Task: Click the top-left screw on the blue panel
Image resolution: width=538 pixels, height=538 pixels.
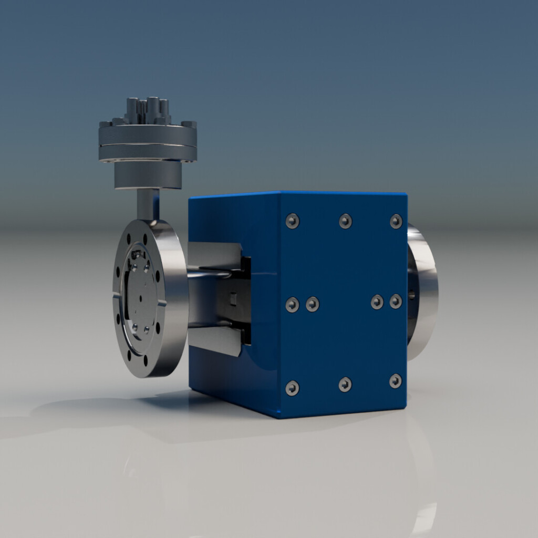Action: pyautogui.click(x=292, y=221)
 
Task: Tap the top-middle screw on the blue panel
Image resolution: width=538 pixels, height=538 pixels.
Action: pyautogui.click(x=345, y=221)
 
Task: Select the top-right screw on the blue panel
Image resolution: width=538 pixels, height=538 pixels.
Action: pyautogui.click(x=396, y=221)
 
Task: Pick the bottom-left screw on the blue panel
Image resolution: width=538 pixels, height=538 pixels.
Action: pyautogui.click(x=292, y=388)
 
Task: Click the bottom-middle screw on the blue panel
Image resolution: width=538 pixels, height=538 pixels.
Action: pyautogui.click(x=345, y=385)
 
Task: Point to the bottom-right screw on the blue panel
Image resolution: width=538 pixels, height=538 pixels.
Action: pyautogui.click(x=396, y=381)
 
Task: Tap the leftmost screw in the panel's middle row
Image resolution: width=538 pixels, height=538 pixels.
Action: pyautogui.click(x=292, y=305)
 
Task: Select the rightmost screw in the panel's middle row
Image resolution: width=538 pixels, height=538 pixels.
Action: pyautogui.click(x=396, y=301)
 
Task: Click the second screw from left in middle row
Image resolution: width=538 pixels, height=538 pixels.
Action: pyautogui.click(x=313, y=304)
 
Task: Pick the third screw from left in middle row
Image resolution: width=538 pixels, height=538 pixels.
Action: pyautogui.click(x=377, y=302)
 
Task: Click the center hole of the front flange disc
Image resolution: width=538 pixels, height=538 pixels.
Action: pyautogui.click(x=140, y=298)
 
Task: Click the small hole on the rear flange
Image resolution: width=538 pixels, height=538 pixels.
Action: pyautogui.click(x=411, y=295)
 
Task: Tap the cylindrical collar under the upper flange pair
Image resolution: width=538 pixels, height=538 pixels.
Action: pyautogui.click(x=148, y=175)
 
